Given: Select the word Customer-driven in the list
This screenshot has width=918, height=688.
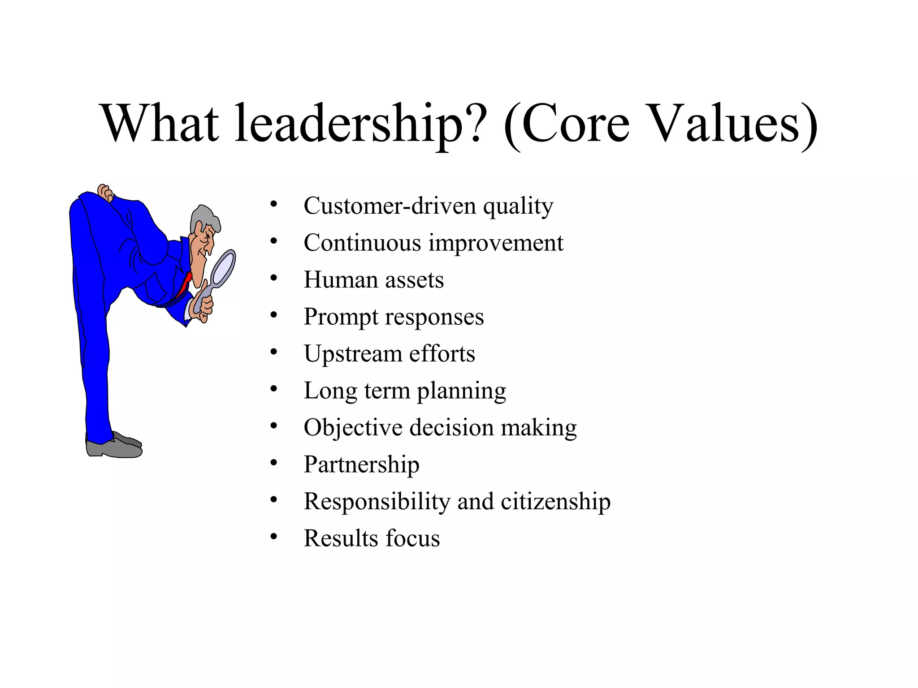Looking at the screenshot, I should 390,206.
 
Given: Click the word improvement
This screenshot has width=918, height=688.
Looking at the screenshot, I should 496,243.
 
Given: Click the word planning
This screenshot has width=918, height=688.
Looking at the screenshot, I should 461,391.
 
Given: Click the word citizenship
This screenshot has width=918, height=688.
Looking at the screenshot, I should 555,502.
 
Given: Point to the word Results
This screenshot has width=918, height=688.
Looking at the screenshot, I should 341,538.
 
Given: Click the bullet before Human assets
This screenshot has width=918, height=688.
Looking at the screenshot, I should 274,279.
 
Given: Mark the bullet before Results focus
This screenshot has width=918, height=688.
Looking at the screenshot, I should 274,537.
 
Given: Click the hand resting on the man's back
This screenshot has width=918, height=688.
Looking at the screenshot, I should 105,193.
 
